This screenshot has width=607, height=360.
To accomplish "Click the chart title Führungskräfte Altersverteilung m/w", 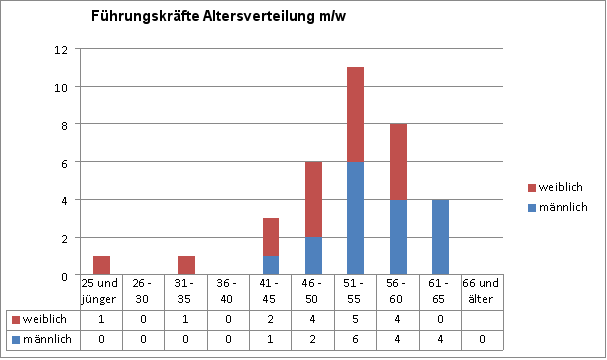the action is click(x=218, y=17).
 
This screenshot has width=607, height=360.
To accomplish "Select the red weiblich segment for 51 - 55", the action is click(x=355, y=115).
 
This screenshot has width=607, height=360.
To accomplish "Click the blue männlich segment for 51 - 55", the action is click(x=355, y=218).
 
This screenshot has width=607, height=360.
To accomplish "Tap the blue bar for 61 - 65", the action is click(x=441, y=237).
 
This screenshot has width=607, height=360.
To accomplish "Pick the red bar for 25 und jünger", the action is click(x=101, y=265).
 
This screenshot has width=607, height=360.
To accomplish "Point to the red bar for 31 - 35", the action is click(x=186, y=265).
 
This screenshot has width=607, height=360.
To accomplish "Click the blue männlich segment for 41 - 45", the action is click(x=271, y=265).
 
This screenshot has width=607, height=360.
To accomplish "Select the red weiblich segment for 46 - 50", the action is click(x=313, y=199).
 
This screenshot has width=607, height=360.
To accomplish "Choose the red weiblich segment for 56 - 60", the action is click(x=398, y=162).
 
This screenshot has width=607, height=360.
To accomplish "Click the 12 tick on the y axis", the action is click(x=61, y=50).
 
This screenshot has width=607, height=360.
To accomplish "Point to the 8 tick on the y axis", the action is click(x=64, y=125).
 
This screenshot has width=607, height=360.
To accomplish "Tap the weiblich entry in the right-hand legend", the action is click(x=555, y=187).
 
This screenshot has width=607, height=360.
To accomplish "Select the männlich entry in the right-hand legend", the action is click(x=557, y=207).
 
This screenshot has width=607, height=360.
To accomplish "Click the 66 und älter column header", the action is click(x=482, y=291).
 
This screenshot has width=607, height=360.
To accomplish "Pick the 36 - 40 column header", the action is click(x=226, y=291).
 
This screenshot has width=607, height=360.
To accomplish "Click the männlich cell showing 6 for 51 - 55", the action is click(x=355, y=339).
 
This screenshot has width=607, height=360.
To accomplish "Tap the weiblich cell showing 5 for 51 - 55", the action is click(x=355, y=319).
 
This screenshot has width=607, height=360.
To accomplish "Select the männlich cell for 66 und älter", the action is click(x=482, y=339).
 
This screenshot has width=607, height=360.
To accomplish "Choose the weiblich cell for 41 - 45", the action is click(x=271, y=319).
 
